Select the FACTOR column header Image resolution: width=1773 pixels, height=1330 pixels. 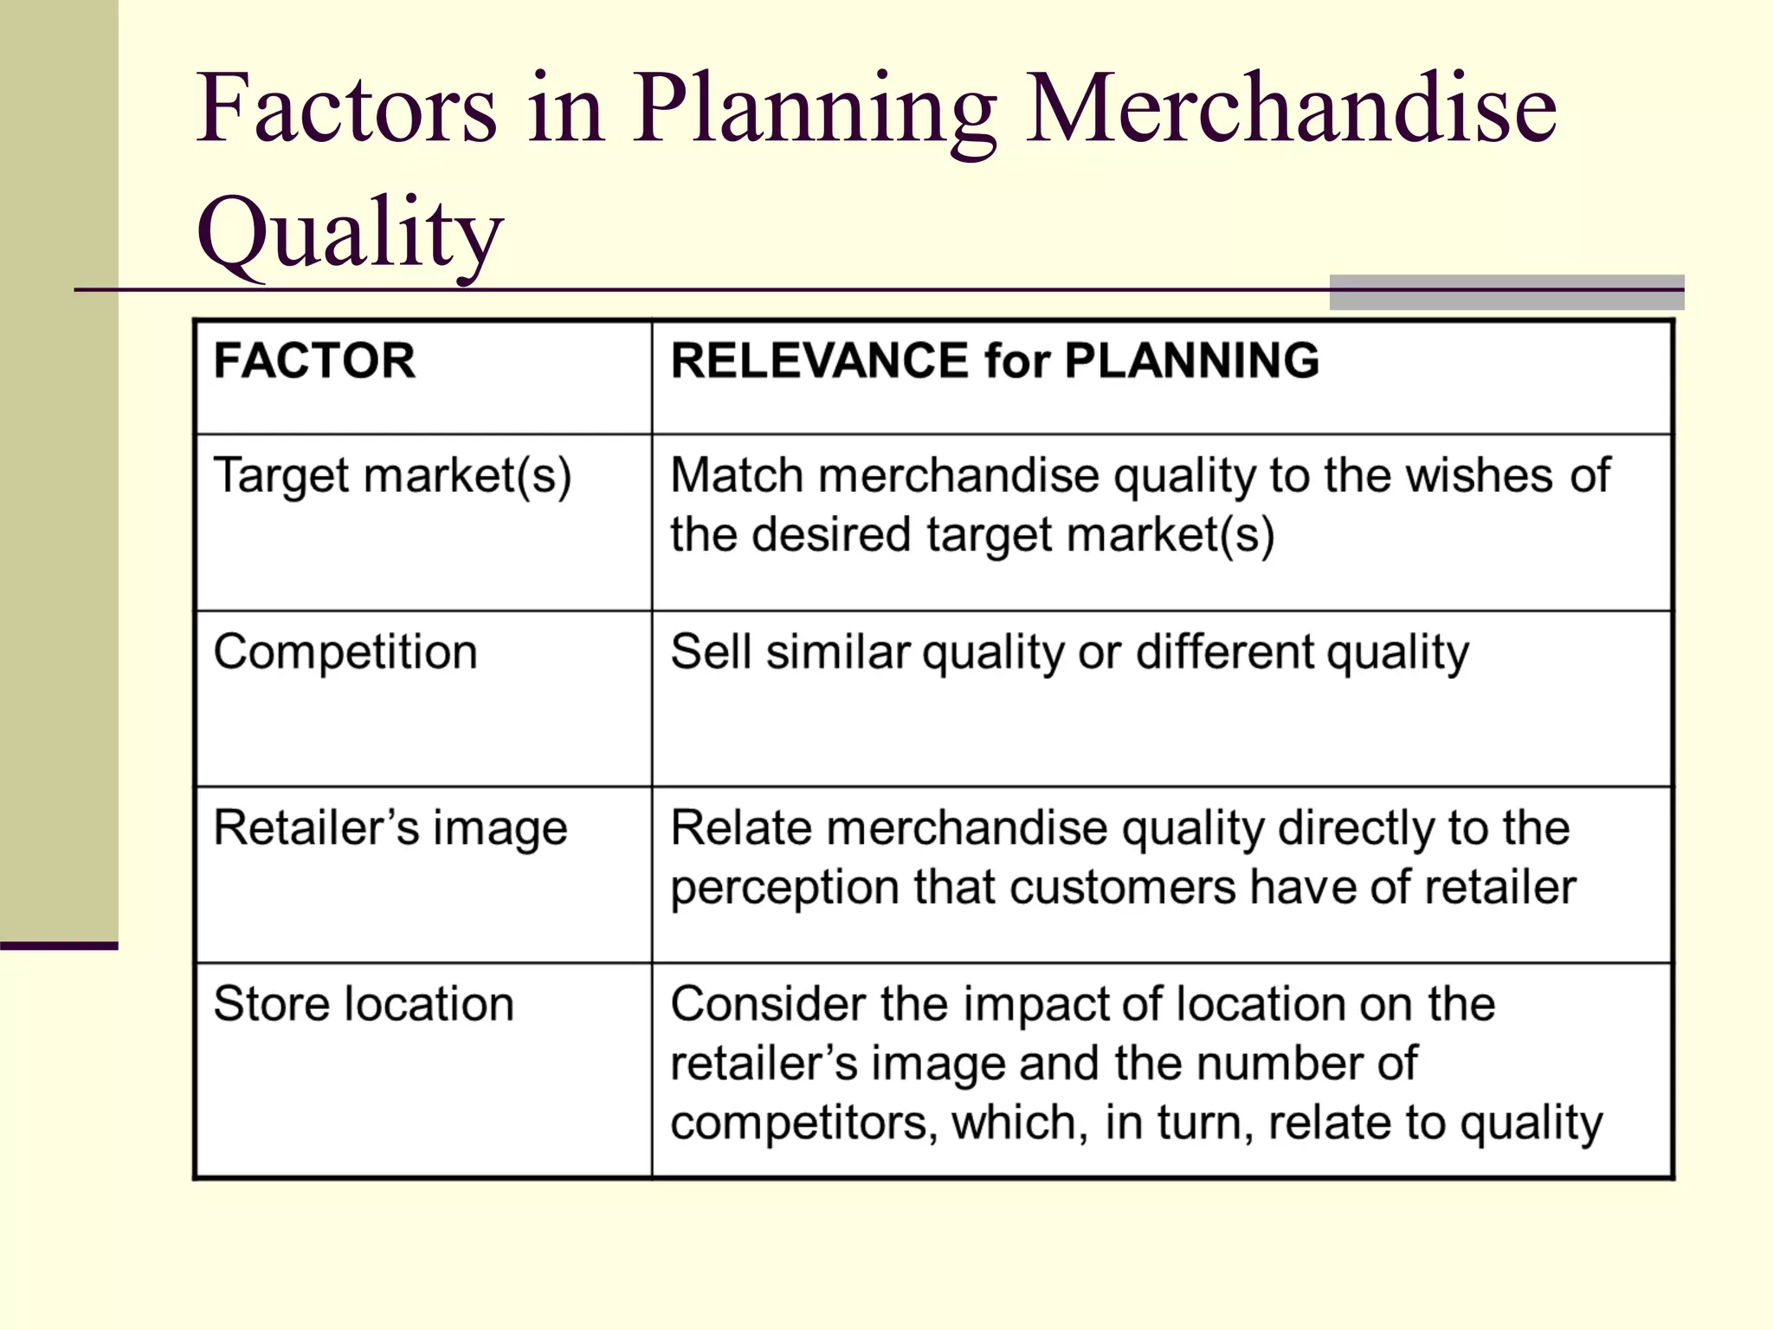tap(314, 360)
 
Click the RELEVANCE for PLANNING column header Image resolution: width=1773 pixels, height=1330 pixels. tap(995, 360)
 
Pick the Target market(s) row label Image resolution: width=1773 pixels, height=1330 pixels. tap(392, 476)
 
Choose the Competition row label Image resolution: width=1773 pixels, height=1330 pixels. tap(345, 652)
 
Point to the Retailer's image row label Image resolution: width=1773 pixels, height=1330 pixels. tap(390, 829)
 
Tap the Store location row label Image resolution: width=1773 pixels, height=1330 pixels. tap(364, 1004)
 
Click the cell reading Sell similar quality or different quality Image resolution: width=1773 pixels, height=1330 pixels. tap(1069, 653)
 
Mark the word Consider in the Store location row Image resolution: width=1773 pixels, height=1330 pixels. tap(767, 1004)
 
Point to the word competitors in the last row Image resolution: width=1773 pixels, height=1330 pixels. tap(803, 1122)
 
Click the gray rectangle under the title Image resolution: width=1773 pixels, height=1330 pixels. tap(1505, 293)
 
